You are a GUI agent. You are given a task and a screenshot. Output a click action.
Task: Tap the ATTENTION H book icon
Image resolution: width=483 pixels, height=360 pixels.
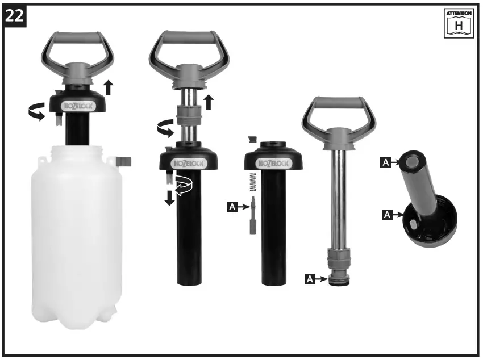click(459, 23)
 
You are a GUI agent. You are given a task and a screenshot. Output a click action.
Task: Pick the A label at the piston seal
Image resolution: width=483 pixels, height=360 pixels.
click(310, 279)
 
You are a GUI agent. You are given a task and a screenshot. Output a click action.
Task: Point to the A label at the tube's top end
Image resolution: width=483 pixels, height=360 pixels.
click(385, 163)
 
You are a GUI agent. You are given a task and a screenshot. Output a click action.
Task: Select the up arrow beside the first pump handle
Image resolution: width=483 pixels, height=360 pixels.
click(109, 87)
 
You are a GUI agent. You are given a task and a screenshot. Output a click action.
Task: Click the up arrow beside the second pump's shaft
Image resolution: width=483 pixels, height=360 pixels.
click(209, 101)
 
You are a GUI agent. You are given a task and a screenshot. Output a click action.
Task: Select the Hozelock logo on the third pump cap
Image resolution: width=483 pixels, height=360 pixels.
click(274, 164)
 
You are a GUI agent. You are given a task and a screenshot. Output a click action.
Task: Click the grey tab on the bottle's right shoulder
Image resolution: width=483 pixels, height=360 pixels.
click(125, 161)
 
